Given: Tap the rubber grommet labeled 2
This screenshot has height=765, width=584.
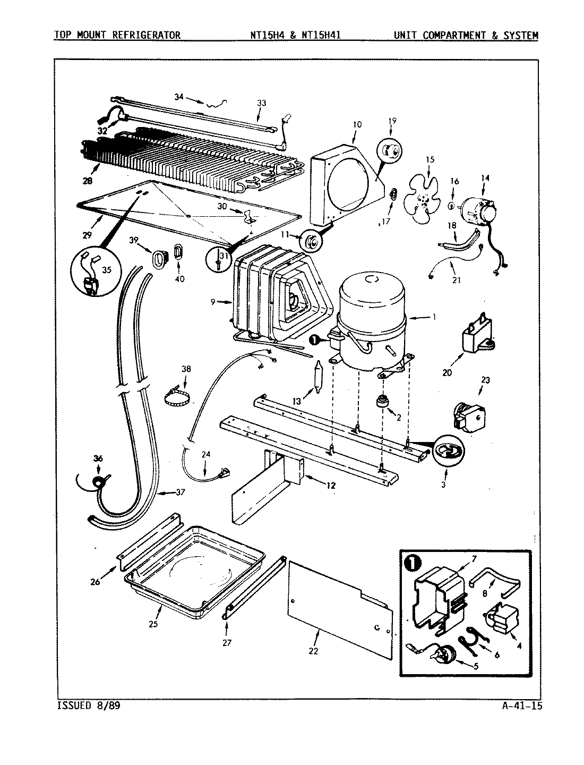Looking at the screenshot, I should (x=380, y=402).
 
